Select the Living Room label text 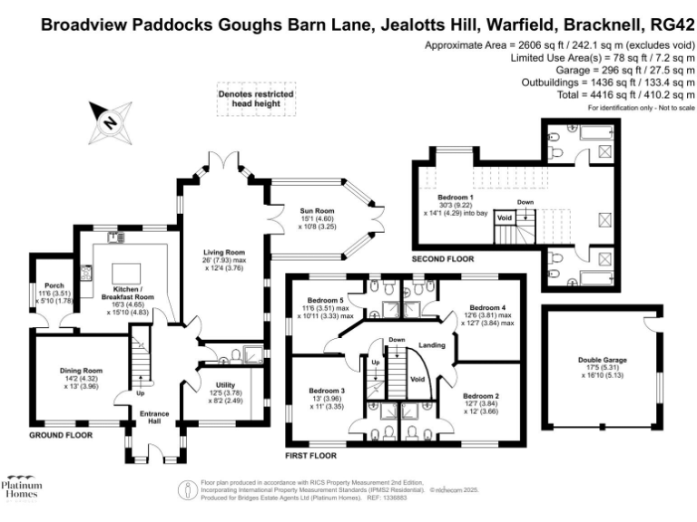221,252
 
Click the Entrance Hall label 147,419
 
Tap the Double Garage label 603,360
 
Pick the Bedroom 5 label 325,300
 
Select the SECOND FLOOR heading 439,258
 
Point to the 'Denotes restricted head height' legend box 249,100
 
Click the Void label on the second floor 505,217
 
